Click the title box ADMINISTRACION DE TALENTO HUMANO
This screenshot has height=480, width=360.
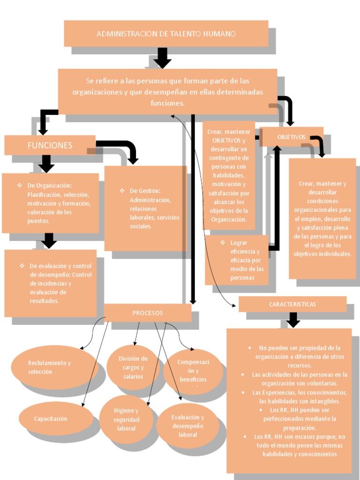click(x=166, y=33)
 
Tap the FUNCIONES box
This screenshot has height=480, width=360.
click(x=50, y=145)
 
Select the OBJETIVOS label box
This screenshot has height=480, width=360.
click(x=291, y=137)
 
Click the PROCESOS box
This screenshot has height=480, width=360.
click(x=147, y=313)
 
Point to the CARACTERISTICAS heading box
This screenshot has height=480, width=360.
click(x=292, y=304)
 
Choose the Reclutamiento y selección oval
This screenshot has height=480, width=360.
click(x=50, y=367)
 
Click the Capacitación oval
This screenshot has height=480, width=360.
click(x=51, y=419)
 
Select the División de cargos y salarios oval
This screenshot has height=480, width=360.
click(x=133, y=367)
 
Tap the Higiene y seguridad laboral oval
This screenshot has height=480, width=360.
click(x=126, y=420)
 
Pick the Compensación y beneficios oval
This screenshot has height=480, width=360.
click(x=193, y=371)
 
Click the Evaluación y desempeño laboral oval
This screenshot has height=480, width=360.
click(x=187, y=426)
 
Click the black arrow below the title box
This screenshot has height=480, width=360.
click(x=162, y=58)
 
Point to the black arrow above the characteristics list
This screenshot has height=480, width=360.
click(x=293, y=320)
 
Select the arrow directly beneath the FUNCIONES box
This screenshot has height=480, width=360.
click(x=46, y=164)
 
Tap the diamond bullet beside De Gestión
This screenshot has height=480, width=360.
click(x=122, y=191)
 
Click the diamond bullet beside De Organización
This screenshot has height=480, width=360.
click(x=20, y=186)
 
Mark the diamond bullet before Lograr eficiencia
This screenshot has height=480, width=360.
click(x=223, y=242)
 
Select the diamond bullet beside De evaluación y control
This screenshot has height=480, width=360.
click(x=22, y=266)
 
